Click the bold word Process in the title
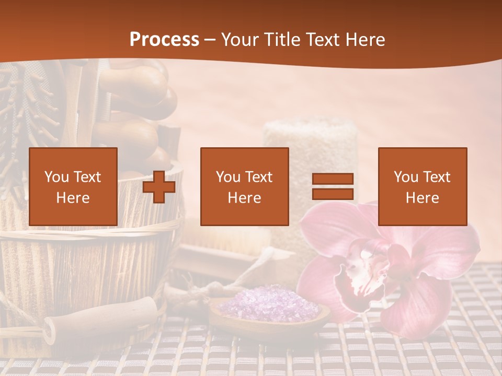coord(164,40)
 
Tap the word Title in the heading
coord(282,40)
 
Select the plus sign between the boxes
coord(159,187)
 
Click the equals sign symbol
coord(333,186)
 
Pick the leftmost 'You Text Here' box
coord(73,186)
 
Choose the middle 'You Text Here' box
coord(244,186)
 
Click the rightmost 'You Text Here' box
coord(422,186)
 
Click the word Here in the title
coord(366,40)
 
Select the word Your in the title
coord(239,40)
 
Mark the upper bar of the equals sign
coord(333,179)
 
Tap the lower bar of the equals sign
coord(333,194)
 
